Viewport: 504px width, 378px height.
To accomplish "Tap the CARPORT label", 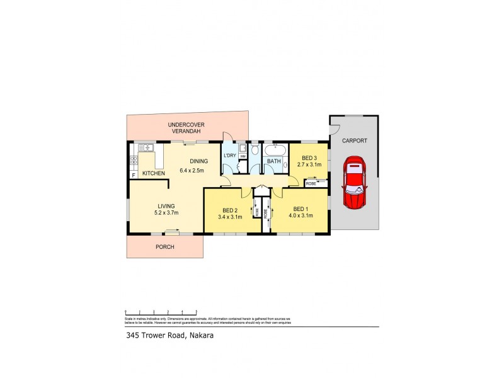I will [x=354, y=141].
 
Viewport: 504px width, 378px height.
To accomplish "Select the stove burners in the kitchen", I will [x=134, y=160].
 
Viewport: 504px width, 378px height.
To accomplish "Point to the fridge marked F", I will [x=134, y=174].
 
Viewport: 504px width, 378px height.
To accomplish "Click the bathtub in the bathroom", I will [x=275, y=151].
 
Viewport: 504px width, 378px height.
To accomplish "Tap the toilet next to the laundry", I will [x=255, y=151].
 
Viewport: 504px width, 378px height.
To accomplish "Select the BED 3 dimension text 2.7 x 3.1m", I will [x=309, y=164].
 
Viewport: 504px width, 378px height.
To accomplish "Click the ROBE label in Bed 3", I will [x=311, y=183].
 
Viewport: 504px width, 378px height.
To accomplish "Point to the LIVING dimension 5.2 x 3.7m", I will [x=166, y=213].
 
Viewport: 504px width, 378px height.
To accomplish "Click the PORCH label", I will [x=164, y=246].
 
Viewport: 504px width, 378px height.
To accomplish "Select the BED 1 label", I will [x=301, y=209].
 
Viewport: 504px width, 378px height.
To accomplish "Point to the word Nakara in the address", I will [x=200, y=335].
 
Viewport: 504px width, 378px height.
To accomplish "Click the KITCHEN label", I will [x=153, y=173].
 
